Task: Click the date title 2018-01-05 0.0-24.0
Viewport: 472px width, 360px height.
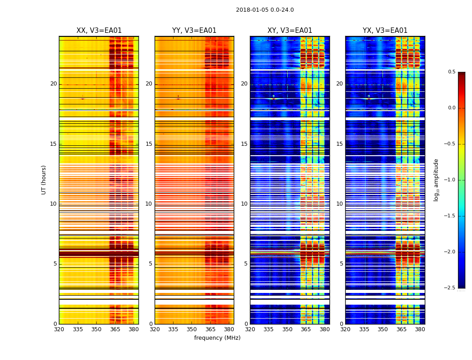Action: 265,10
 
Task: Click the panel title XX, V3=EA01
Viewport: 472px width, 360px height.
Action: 99,31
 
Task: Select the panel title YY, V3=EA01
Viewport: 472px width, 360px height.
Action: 194,31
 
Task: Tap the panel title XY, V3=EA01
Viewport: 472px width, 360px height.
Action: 289,31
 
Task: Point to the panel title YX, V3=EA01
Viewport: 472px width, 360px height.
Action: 385,31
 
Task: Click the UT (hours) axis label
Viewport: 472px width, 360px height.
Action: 44,180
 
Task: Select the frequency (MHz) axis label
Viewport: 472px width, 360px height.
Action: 217,338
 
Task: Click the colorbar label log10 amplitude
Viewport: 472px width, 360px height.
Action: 436,180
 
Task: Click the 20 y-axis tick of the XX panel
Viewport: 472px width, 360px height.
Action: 53,84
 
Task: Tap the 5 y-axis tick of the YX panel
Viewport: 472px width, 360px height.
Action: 341,264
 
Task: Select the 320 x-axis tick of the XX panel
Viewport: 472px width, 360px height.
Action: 59,329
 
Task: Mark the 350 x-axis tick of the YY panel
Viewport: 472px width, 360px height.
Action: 192,329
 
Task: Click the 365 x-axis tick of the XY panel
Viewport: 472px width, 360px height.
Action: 306,329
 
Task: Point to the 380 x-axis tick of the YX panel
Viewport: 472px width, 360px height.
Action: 420,329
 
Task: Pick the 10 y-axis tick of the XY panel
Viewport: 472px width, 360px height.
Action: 244,204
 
